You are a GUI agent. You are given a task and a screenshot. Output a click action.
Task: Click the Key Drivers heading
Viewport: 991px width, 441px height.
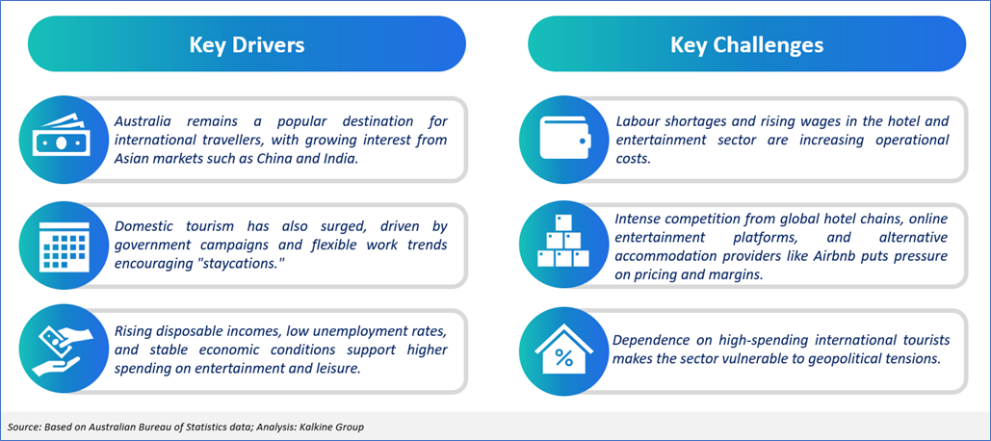coord(248,45)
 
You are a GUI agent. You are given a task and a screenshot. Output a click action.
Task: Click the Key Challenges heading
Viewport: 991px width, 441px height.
coord(746,45)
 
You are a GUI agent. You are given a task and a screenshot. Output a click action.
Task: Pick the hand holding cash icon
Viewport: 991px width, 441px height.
coord(58,351)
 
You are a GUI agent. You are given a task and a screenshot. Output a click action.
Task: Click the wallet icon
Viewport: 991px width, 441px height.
coord(564,139)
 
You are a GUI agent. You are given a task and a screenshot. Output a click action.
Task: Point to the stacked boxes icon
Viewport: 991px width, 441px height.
coord(563,241)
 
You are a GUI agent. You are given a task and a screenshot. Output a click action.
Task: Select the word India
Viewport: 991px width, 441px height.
coord(342,159)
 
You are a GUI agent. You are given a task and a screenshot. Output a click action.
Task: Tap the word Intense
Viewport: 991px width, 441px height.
coord(635,220)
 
